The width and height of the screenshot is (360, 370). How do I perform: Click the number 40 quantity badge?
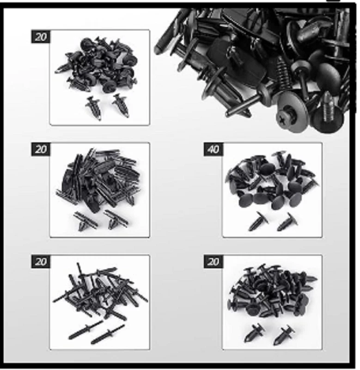pos(214,149)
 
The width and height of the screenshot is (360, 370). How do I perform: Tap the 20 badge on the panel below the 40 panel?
pos(214,261)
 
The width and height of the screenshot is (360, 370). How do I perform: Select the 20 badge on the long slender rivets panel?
pos(41,261)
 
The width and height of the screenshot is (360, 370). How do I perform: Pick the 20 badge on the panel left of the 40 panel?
pos(41,149)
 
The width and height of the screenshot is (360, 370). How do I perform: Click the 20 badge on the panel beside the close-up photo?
pos(41,37)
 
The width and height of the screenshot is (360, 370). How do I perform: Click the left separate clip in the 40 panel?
pos(258,222)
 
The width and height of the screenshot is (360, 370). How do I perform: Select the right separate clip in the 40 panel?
pos(287,222)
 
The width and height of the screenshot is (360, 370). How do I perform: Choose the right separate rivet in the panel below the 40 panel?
pos(284,334)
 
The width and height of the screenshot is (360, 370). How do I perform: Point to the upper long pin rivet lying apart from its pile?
pos(86,330)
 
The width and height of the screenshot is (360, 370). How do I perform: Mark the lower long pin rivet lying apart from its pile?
pos(108,334)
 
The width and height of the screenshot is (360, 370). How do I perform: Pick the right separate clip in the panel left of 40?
pos(116,220)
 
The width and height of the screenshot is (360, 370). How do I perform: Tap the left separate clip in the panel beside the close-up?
pos(94,108)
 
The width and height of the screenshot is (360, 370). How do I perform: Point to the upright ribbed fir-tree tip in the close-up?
pos(327,106)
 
